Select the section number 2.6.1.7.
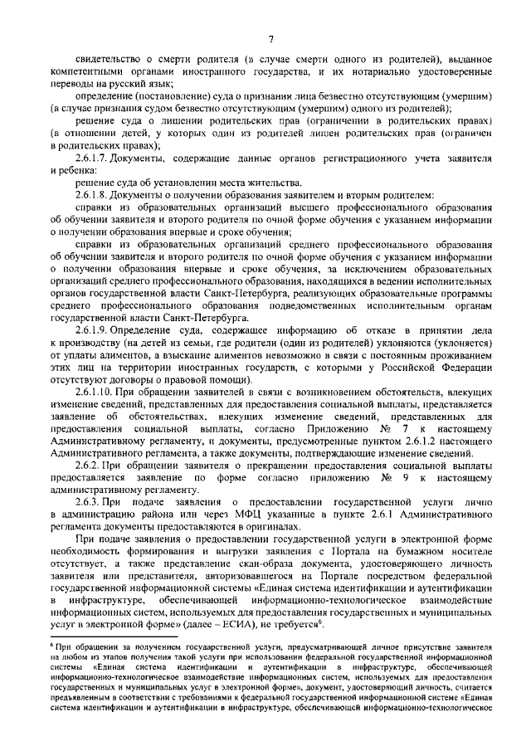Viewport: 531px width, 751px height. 94,157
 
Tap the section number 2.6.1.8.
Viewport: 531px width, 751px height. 94,193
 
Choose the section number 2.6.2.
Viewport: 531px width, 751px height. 88,466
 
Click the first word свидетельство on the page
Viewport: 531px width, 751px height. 113,60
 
